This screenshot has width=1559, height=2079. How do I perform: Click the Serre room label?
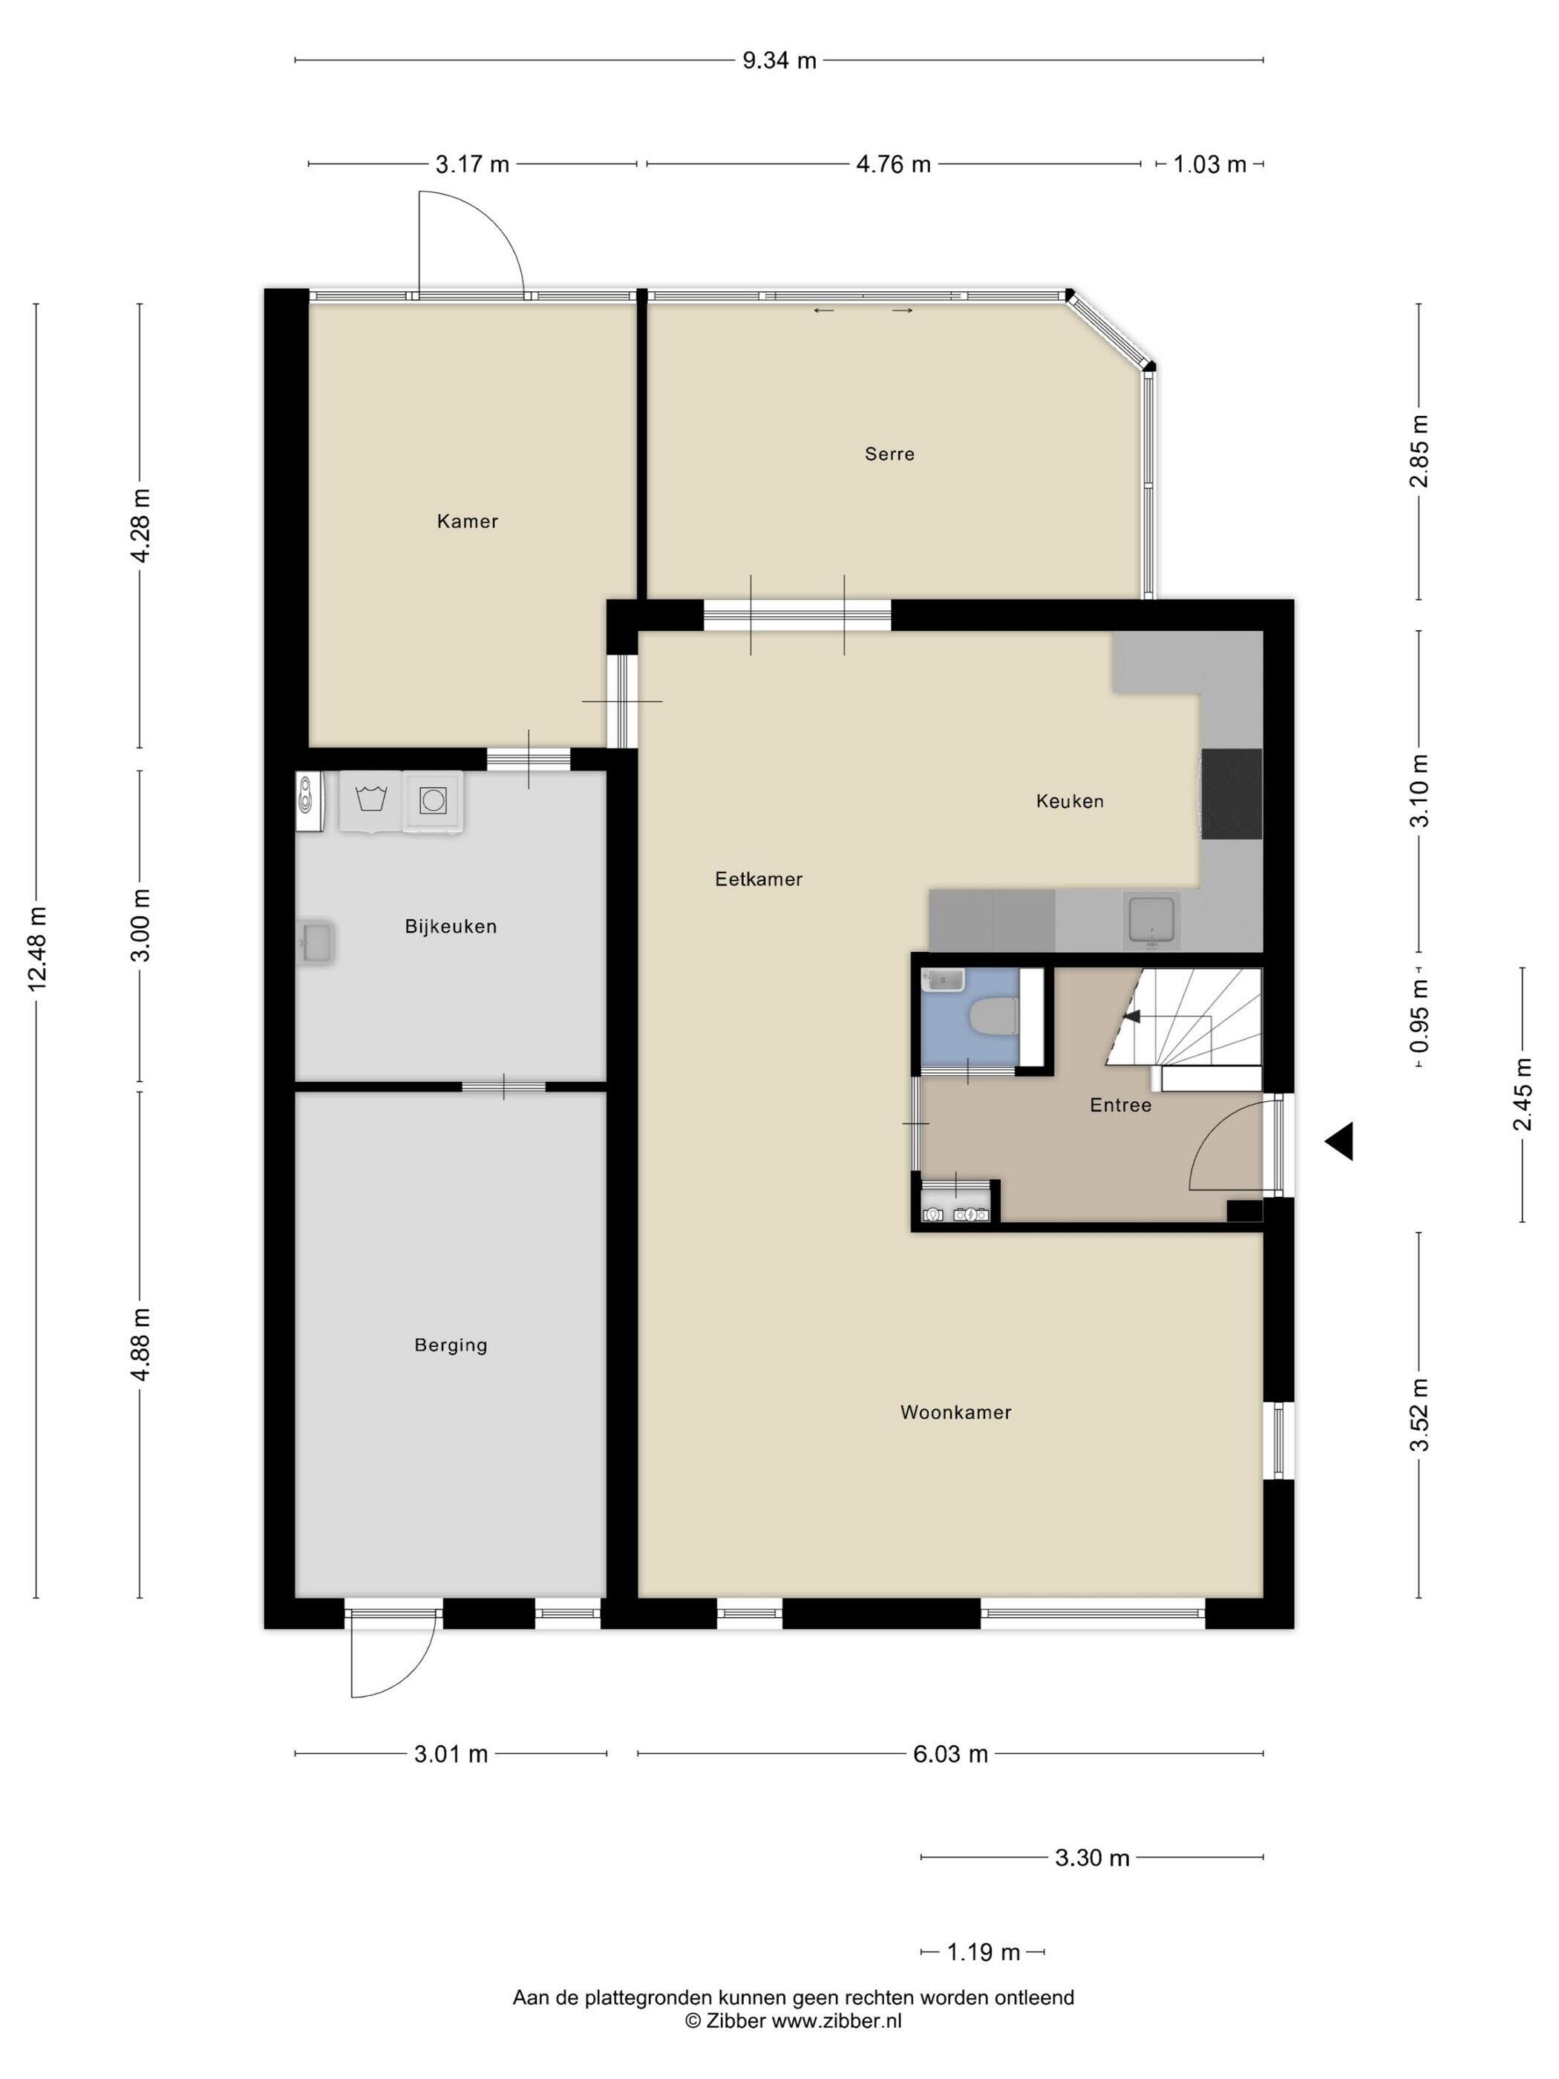coord(889,454)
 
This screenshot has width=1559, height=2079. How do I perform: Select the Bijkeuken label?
coord(450,926)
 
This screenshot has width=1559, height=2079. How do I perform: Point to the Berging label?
coord(450,1345)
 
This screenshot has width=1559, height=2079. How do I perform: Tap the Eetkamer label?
coord(759,879)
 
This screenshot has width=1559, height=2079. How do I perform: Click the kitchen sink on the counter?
coord(1151,918)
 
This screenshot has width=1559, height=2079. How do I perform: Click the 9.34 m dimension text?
coord(779,61)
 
